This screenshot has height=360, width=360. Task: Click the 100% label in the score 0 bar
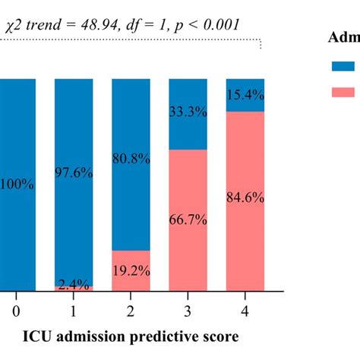point(17,185)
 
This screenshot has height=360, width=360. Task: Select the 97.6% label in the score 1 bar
point(74,173)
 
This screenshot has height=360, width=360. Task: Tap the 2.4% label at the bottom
point(74,285)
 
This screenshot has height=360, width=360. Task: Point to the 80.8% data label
point(131,161)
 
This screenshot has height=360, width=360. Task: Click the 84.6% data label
point(245,197)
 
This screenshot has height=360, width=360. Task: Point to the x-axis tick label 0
point(16,311)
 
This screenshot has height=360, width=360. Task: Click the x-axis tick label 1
point(74,311)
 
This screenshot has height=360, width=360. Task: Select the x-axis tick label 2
point(131,311)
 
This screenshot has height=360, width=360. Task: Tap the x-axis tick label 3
point(188,311)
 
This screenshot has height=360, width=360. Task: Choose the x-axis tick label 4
point(245,311)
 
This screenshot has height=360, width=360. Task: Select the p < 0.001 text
point(206,24)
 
